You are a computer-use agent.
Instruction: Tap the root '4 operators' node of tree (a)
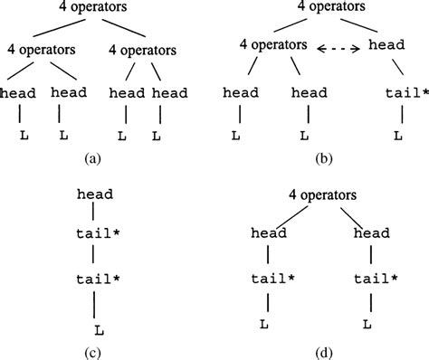(x=91, y=11)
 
